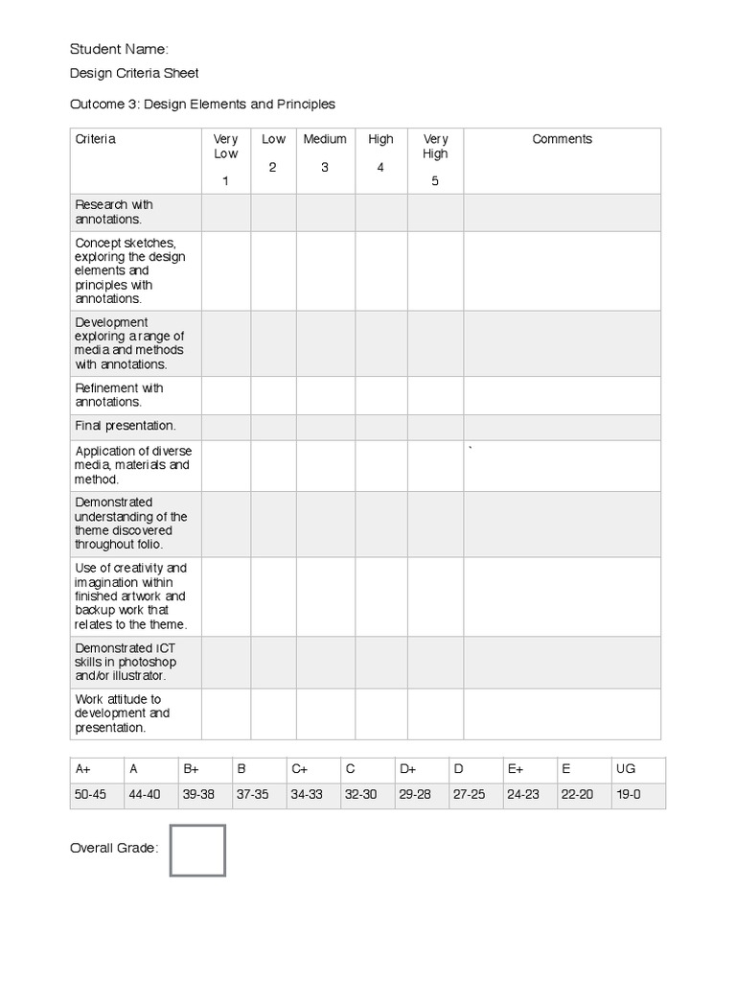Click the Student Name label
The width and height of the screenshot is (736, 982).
120,49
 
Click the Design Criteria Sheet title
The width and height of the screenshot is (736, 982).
135,73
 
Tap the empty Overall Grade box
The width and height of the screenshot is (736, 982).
197,851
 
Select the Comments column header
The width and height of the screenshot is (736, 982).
562,139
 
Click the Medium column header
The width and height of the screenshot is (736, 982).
325,139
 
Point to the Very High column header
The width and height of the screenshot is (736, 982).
435,147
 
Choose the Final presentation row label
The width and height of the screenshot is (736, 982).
126,425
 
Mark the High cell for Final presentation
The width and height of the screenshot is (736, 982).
380,427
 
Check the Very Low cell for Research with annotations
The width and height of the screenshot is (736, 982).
226,212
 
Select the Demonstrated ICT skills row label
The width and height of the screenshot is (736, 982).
126,662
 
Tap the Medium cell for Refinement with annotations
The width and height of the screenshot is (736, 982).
325,395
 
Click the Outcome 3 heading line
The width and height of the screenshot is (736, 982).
203,104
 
